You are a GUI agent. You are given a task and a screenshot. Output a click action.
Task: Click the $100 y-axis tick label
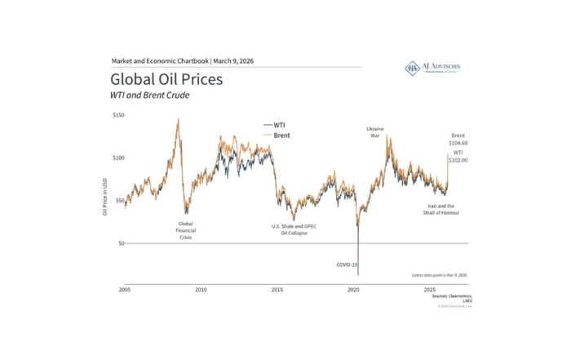point(118,158)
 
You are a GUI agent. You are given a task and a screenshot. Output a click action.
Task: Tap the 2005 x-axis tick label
point(125,290)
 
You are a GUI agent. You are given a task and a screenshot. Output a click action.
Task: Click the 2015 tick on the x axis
point(277,290)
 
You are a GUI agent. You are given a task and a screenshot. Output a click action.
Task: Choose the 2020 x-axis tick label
point(354,290)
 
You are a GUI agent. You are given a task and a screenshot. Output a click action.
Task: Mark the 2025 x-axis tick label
point(430,290)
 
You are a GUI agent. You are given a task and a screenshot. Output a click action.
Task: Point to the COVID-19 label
point(347,264)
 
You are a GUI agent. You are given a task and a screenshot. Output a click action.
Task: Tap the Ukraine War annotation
point(375,131)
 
